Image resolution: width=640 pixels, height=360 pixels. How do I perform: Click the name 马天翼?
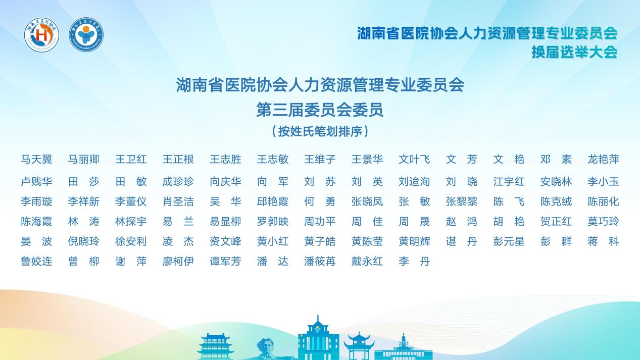(36, 160)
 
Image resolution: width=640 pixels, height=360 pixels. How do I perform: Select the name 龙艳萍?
(603, 160)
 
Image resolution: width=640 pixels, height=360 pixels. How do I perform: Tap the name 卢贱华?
(36, 182)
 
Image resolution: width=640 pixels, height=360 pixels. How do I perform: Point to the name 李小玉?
(603, 182)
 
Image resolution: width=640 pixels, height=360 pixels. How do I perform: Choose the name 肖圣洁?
(178, 202)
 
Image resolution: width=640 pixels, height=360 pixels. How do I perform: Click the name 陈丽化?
(603, 202)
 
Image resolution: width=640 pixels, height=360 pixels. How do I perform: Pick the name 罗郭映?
(273, 222)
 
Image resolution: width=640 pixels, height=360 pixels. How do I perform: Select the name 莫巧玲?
(603, 222)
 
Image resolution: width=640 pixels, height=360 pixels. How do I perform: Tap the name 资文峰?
(225, 241)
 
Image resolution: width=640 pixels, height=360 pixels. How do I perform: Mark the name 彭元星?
(509, 241)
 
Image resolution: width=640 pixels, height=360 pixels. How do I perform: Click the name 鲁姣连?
(36, 262)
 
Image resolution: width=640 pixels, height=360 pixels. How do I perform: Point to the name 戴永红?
(367, 262)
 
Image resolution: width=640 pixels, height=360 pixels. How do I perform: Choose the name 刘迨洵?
(414, 182)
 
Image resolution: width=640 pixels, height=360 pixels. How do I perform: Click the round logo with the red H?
(42, 34)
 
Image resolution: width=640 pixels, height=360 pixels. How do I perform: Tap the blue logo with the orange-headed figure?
(86, 34)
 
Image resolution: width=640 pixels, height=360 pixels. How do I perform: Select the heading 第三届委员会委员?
(320, 110)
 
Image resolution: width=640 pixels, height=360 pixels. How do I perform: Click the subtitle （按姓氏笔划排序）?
(320, 132)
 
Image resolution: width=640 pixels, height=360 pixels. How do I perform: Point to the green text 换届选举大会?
(574, 52)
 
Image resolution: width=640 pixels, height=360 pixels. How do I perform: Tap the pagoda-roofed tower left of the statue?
(215, 347)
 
